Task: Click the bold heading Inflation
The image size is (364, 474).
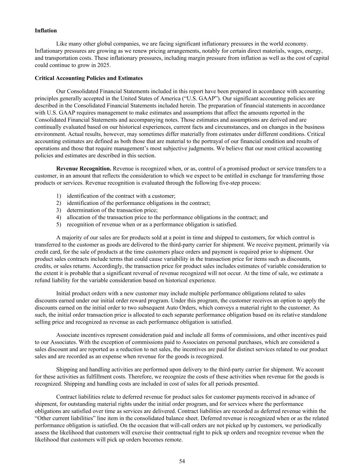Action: [x=46, y=31]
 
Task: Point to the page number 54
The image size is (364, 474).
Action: [x=182, y=461]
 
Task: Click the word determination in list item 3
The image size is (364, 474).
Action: [x=84, y=210]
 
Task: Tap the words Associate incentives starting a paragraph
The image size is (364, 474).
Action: [x=81, y=335]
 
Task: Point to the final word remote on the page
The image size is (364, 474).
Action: [x=174, y=439]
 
